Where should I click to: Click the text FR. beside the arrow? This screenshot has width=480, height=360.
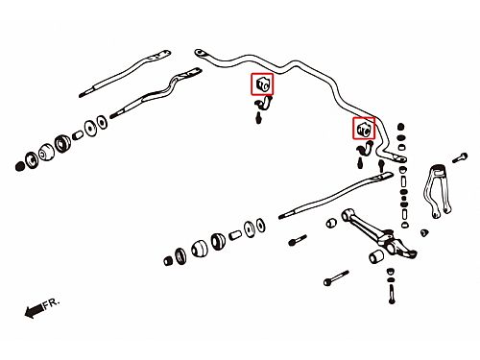52,302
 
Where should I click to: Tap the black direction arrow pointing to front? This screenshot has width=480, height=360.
35,310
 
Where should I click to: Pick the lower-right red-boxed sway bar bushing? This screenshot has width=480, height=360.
364,129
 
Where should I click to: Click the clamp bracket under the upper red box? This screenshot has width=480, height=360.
264,104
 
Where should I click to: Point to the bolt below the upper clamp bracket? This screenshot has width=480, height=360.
259,118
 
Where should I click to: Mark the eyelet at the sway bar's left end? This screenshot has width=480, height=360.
199,53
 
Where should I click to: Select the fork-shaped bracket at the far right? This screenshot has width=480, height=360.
437,191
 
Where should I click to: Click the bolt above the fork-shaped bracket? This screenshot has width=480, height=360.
460,158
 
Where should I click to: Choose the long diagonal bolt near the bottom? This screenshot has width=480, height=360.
336,277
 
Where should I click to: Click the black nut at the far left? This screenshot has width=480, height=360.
19,166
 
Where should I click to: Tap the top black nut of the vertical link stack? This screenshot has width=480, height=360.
400,127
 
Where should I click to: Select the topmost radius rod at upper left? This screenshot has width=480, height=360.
125,73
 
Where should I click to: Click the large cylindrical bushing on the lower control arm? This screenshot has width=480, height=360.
376,256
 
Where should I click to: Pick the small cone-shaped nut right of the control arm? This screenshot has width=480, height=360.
424,232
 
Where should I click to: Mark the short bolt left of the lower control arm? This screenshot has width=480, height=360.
298,240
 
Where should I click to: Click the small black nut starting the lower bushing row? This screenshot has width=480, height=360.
168,261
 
